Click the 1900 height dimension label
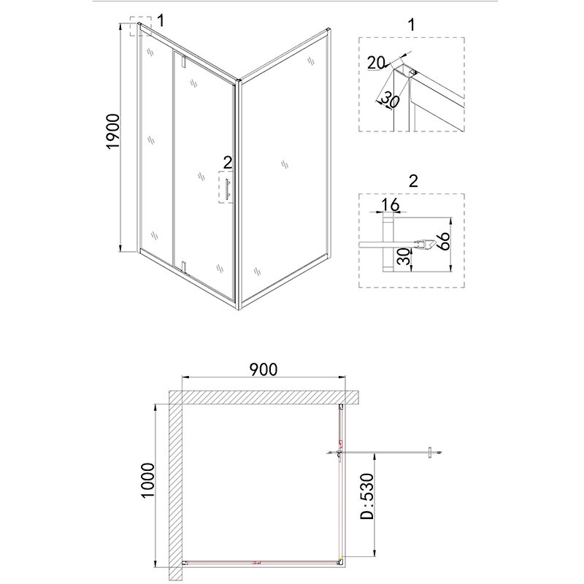113,131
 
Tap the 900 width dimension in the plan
264,369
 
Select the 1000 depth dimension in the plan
147,480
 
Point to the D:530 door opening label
367,496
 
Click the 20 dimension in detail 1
375,63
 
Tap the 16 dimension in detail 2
390,205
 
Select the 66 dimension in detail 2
443,242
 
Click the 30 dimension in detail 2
404,257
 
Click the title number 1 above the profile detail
411,25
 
